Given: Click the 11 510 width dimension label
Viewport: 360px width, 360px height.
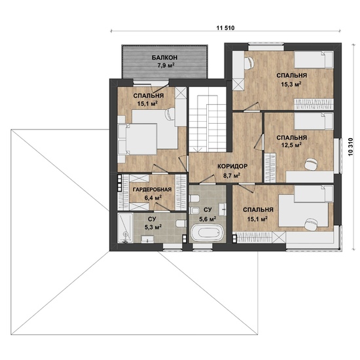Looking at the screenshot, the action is tap(225, 28).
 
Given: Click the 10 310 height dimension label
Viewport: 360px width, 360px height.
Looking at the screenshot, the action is tap(350, 147).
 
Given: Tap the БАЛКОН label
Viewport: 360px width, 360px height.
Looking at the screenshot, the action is tap(164, 58).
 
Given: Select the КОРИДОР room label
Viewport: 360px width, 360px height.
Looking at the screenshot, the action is tap(232, 166).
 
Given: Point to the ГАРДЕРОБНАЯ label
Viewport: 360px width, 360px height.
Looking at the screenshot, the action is tap(153, 189).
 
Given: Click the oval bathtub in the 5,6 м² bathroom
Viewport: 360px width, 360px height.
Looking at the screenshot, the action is tap(207, 233).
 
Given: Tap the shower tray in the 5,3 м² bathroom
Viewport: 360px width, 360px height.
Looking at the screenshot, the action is tap(126, 228).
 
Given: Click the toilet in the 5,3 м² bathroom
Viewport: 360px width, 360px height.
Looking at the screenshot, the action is tap(181, 223).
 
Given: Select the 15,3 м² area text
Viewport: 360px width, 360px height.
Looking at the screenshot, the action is tap(291, 84).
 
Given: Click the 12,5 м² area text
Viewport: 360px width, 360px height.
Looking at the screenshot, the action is tap(291, 145).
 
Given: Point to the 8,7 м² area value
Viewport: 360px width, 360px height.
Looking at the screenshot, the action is tap(232, 176).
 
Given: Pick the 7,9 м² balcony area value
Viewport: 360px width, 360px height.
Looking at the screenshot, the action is tap(165, 65).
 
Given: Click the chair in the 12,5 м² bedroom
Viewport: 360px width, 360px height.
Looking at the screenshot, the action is tap(312, 164).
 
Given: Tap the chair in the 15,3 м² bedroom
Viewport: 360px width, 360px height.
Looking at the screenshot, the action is tap(249, 62).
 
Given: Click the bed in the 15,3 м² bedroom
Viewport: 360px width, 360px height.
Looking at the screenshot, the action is tap(314, 60).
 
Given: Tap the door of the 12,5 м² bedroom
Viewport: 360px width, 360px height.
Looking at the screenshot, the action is tap(259, 141).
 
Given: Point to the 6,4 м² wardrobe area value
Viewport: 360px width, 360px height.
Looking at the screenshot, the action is tap(153, 198).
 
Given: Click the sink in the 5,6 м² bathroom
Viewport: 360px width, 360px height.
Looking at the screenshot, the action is tap(223, 209).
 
